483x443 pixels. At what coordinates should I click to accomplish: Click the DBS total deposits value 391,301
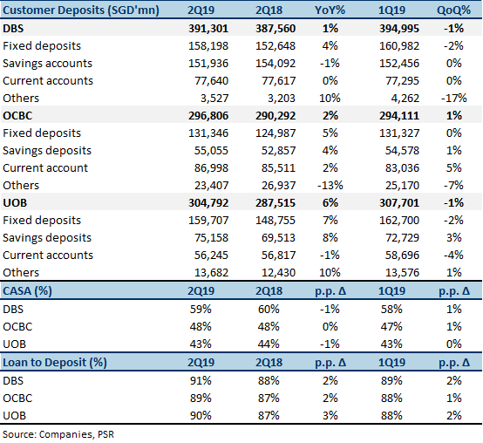(208, 29)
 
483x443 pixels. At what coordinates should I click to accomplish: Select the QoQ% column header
(453, 10)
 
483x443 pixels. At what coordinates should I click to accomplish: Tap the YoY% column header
(330, 10)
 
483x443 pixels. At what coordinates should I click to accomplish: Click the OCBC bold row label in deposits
(17, 115)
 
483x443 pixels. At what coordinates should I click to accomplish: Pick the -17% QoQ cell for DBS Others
(453, 99)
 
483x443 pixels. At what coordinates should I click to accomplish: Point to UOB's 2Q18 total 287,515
(276, 202)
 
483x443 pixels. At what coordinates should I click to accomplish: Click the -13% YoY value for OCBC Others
(330, 186)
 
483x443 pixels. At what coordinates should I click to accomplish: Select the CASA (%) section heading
(27, 290)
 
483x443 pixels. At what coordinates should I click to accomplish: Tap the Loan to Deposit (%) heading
(55, 362)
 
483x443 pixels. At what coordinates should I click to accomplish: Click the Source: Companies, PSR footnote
(58, 434)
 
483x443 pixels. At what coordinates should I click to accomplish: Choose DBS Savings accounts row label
(47, 63)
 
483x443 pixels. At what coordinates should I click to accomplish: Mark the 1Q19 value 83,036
(402, 168)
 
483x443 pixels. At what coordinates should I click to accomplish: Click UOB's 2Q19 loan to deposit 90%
(201, 416)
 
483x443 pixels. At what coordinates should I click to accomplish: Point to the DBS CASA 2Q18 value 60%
(269, 309)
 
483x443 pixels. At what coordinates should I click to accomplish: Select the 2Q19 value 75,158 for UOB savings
(211, 238)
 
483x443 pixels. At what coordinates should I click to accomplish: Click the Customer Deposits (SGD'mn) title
(81, 10)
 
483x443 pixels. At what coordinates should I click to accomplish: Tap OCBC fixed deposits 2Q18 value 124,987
(276, 133)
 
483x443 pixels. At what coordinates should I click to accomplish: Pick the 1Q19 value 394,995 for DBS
(399, 29)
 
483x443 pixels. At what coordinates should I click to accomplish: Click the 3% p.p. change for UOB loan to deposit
(330, 416)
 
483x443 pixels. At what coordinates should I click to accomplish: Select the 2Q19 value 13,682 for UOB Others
(211, 273)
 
